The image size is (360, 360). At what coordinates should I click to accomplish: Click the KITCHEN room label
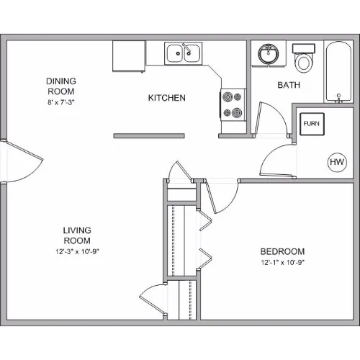pyautogui.click(x=167, y=98)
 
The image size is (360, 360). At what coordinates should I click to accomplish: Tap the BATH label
pyautogui.click(x=289, y=85)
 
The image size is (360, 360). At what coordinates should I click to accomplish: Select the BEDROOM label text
pyautogui.click(x=282, y=251)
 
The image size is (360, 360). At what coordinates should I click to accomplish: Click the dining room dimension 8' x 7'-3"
pyautogui.click(x=61, y=102)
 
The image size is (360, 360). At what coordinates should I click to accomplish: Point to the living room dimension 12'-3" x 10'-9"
pyautogui.click(x=77, y=252)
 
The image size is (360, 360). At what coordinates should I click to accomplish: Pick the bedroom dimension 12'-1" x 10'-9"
pyautogui.click(x=283, y=263)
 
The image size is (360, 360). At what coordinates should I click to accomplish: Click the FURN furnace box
pyautogui.click(x=312, y=124)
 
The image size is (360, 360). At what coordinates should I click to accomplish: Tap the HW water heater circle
pyautogui.click(x=337, y=162)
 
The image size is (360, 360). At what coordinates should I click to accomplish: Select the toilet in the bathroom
pyautogui.click(x=303, y=58)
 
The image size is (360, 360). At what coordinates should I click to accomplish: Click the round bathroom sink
pyautogui.click(x=269, y=54)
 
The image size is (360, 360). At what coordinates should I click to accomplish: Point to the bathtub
pyautogui.click(x=338, y=72)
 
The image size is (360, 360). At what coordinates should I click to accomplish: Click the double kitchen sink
pyautogui.click(x=184, y=53)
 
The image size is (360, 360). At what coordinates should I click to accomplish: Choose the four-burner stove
pyautogui.click(x=233, y=105)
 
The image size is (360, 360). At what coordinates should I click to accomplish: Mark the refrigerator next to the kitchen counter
pyautogui.click(x=129, y=56)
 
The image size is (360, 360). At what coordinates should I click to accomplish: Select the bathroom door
pyautogui.click(x=272, y=120)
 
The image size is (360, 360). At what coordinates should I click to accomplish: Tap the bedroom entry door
pyautogui.click(x=221, y=196)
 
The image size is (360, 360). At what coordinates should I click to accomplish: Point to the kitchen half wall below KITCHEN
pyautogui.click(x=149, y=136)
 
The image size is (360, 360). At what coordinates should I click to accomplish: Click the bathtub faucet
pyautogui.click(x=338, y=99)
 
